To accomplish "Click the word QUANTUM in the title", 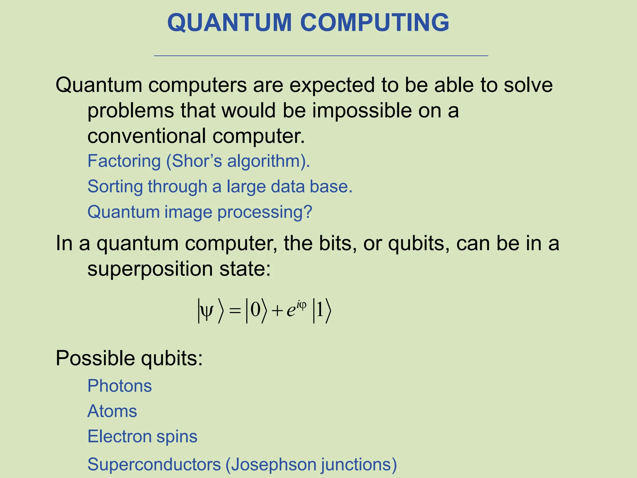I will pyautogui.click(x=230, y=23).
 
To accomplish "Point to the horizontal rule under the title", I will pyautogui.click(x=321, y=56).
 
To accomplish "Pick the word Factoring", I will pyautogui.click(x=124, y=161).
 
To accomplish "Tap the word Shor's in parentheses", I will pyautogui.click(x=197, y=161).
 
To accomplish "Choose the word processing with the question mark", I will pyautogui.click(x=264, y=213).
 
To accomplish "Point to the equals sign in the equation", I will pyautogui.click(x=235, y=311).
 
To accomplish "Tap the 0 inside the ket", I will pyautogui.click(x=255, y=310).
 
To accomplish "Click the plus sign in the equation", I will pyautogui.click(x=277, y=311).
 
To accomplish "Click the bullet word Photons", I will pyautogui.click(x=119, y=386).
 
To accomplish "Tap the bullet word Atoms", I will pyautogui.click(x=112, y=411).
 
